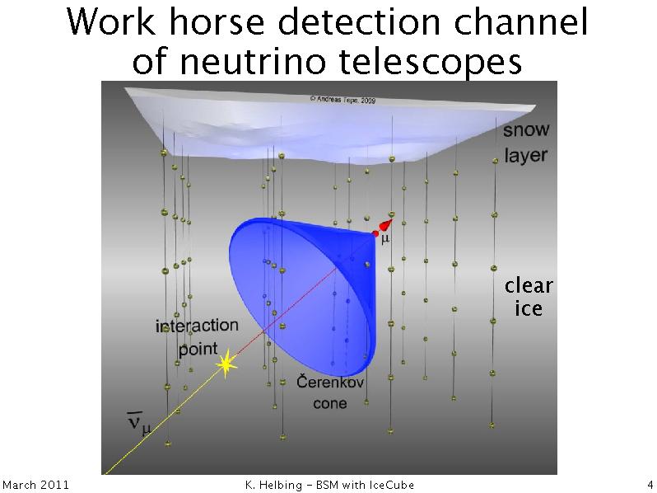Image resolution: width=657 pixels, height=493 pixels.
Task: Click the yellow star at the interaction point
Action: coord(226,364)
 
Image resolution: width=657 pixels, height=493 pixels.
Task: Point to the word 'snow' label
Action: coord(526,129)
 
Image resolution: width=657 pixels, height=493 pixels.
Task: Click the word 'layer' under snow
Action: coord(525,155)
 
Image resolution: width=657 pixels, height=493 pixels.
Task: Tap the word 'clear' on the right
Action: coord(529,285)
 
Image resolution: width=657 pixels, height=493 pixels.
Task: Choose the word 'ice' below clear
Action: coord(529,309)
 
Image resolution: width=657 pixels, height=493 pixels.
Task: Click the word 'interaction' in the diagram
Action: coord(197,326)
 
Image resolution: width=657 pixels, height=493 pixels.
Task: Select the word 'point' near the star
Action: coord(198,349)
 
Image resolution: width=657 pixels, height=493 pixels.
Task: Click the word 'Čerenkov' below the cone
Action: coord(330,382)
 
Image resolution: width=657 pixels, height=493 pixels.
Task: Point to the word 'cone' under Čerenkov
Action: coord(330,404)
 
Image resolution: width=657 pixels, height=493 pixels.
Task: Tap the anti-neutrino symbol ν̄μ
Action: coord(139,423)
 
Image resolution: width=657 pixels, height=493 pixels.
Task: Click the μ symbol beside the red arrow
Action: coord(385,239)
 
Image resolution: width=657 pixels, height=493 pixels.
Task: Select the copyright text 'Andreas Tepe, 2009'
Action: coord(342,100)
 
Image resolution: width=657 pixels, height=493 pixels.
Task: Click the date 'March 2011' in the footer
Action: coord(35,485)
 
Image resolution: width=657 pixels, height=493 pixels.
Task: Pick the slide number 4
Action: coord(650,485)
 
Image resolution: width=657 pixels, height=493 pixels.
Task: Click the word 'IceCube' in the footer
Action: coord(391,485)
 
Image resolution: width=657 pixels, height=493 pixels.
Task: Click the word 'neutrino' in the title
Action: coord(252,62)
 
